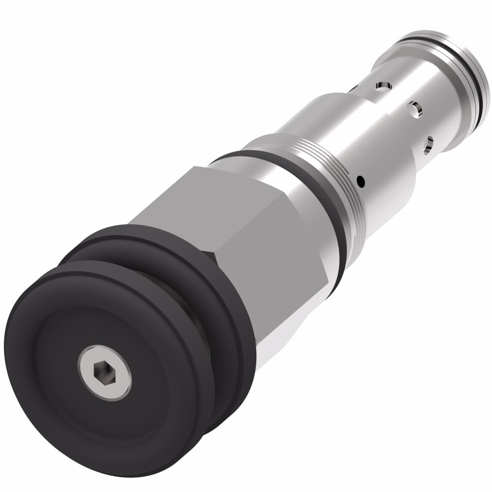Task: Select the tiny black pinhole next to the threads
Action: coord(362,182)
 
